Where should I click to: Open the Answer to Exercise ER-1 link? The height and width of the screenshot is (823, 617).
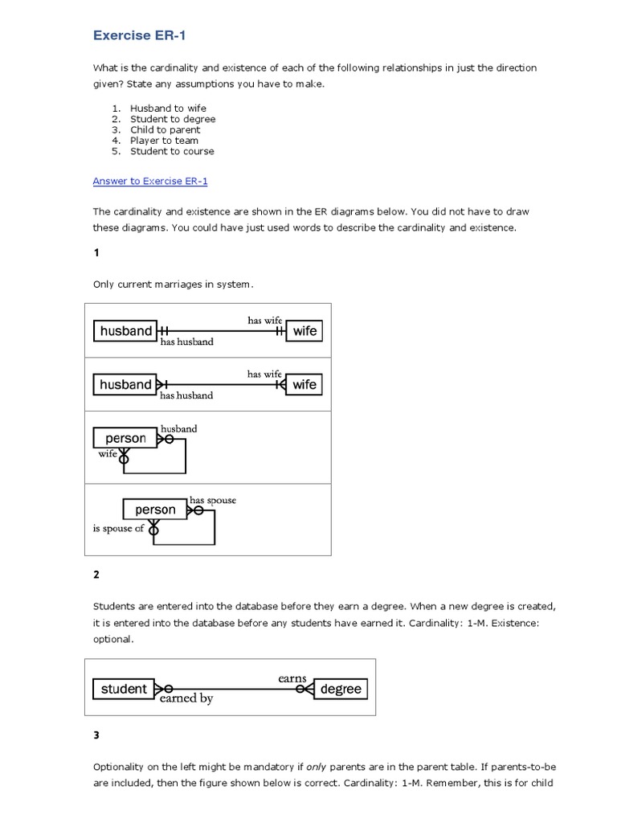[x=150, y=181]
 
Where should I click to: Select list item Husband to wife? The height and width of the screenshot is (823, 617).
[x=168, y=109]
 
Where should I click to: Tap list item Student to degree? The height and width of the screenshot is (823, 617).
[x=173, y=119]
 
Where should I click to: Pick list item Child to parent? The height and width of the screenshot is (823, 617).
[x=165, y=129]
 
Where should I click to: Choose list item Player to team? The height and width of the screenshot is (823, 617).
[x=164, y=141]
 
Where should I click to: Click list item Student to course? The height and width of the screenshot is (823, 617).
[x=172, y=151]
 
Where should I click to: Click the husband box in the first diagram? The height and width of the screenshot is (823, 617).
[x=125, y=331]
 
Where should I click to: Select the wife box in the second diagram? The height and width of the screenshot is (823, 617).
[x=304, y=385]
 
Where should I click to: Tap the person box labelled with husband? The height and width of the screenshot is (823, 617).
[x=125, y=439]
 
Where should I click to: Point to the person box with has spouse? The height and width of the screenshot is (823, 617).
[x=154, y=510]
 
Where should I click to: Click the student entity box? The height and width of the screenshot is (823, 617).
[x=124, y=689]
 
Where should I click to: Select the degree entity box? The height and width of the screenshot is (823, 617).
[x=340, y=689]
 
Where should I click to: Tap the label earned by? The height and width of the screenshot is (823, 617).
[x=186, y=699]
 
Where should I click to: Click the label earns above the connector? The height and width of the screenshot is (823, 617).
[x=292, y=678]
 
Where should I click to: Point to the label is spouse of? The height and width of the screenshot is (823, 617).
[x=118, y=529]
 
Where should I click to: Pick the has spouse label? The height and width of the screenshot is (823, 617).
[x=213, y=500]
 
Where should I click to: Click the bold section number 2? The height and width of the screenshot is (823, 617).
[x=96, y=575]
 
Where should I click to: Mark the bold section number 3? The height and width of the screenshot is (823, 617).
[x=96, y=735]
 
